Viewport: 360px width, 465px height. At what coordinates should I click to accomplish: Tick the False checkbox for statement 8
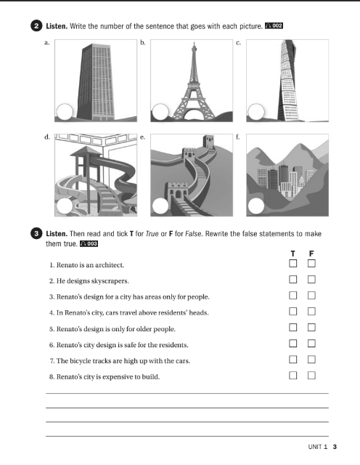(x=312, y=376)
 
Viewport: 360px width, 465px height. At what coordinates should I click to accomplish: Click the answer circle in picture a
(x=65, y=112)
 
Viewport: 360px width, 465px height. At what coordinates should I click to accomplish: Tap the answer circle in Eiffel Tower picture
(x=160, y=112)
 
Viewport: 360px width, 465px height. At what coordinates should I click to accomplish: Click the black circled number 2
(x=37, y=25)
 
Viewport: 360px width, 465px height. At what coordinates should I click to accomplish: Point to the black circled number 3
(x=37, y=234)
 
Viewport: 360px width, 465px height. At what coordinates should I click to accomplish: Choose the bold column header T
(x=293, y=253)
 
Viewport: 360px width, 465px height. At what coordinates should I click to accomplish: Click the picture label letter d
(x=46, y=136)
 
